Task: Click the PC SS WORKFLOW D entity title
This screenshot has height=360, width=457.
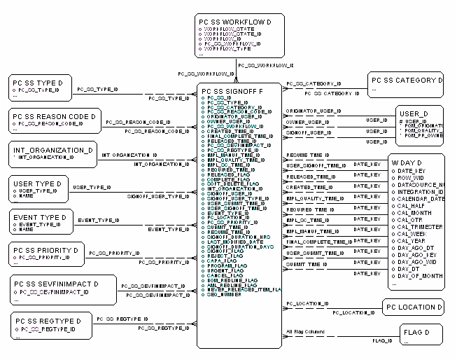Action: (x=234, y=22)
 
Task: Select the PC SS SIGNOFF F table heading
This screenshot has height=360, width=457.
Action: (x=232, y=91)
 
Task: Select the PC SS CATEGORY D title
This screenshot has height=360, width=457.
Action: (x=406, y=81)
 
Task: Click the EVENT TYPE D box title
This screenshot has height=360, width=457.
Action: (x=40, y=218)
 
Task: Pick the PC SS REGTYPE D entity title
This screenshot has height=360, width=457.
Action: (x=46, y=321)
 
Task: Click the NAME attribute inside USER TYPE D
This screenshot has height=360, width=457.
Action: (x=27, y=195)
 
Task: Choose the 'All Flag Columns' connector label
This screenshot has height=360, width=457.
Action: (x=305, y=332)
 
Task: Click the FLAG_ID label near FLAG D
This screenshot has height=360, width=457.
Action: (x=381, y=340)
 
